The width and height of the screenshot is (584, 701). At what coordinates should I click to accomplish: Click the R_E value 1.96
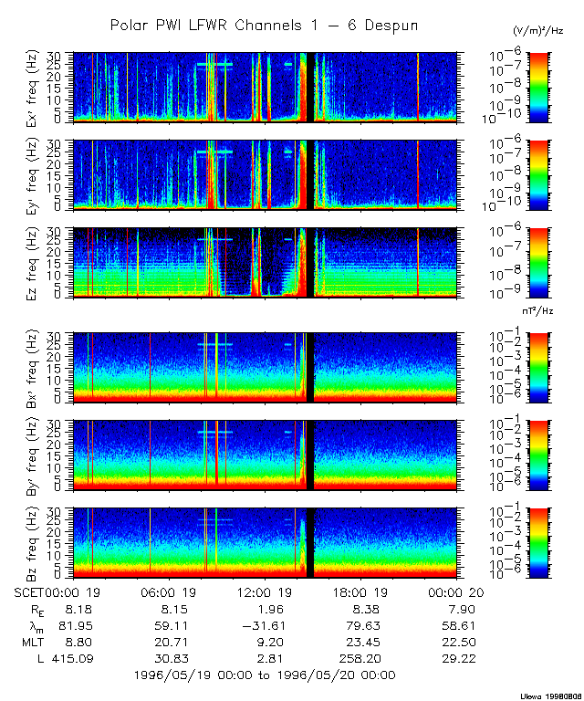(265, 609)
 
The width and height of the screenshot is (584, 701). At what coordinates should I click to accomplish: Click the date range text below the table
(265, 675)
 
